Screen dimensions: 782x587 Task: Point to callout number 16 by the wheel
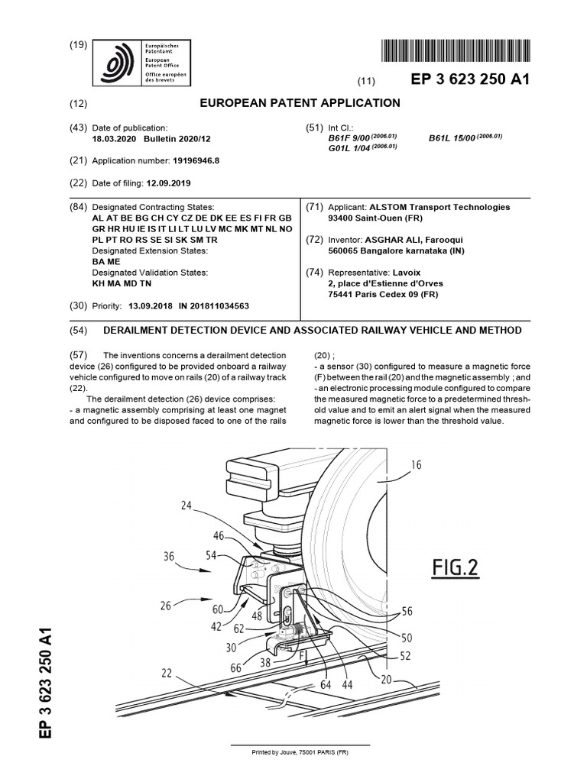coord(415,465)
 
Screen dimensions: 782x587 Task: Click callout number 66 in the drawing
coord(236,668)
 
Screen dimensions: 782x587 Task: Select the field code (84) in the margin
coord(78,207)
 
